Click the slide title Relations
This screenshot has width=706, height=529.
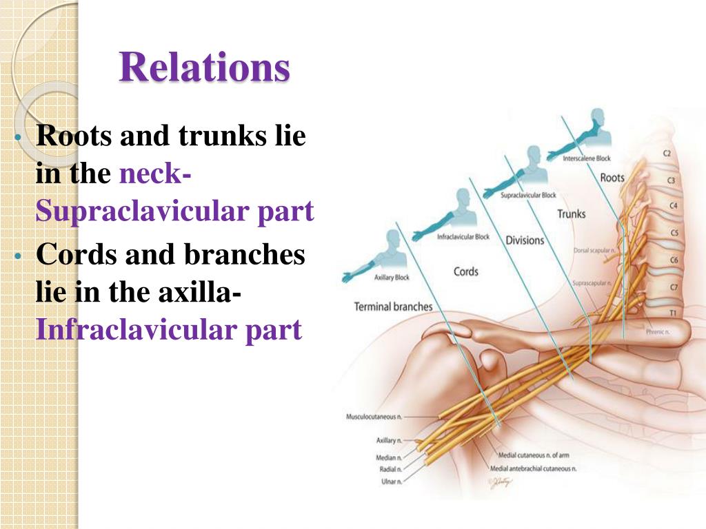[204, 68]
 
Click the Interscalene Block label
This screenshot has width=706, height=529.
[587, 158]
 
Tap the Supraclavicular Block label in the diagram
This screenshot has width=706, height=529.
[529, 196]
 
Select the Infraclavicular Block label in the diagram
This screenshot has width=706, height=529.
[463, 237]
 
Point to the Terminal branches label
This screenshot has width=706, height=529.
[393, 307]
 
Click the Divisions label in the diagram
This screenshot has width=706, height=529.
[525, 240]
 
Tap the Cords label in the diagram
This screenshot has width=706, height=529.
[466, 271]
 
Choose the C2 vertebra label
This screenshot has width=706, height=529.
[667, 154]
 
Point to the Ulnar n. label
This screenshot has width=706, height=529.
[391, 481]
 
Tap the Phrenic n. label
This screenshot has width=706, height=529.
[658, 331]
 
